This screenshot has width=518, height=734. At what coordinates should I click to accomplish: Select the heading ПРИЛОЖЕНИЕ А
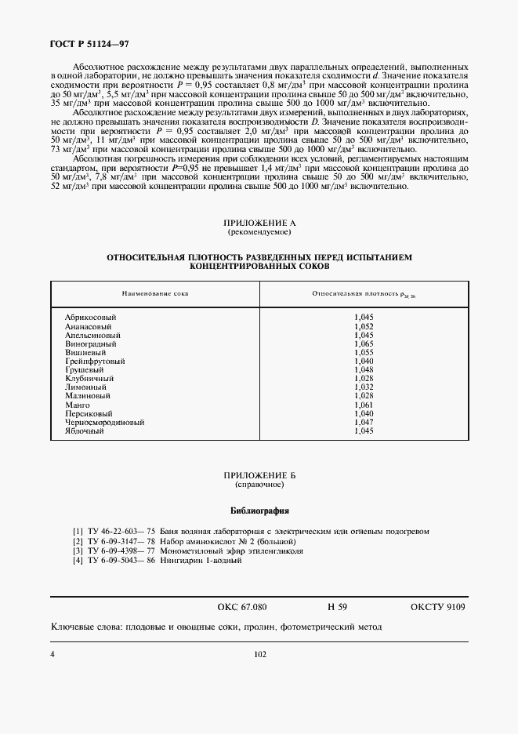point(259,224)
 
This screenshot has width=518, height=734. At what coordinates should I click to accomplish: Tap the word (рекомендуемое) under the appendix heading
point(259,233)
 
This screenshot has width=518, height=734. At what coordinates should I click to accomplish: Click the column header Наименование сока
point(154,293)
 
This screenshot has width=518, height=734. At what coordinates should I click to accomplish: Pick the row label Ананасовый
point(88,326)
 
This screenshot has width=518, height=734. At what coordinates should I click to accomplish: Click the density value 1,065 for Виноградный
point(364,343)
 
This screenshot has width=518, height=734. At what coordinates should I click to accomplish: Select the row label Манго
point(77,405)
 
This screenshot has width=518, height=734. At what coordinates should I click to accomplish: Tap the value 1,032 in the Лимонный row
point(364,387)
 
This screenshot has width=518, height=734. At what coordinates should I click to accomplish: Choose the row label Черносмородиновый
point(104,422)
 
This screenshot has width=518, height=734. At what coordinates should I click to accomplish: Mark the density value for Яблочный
point(364,431)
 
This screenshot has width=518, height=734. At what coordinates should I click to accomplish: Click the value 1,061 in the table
point(364,405)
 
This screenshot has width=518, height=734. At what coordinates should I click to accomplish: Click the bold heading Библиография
point(259,511)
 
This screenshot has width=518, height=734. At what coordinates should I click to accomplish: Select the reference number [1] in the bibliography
point(77,532)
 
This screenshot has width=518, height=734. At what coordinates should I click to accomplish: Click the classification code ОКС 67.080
point(242,607)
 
